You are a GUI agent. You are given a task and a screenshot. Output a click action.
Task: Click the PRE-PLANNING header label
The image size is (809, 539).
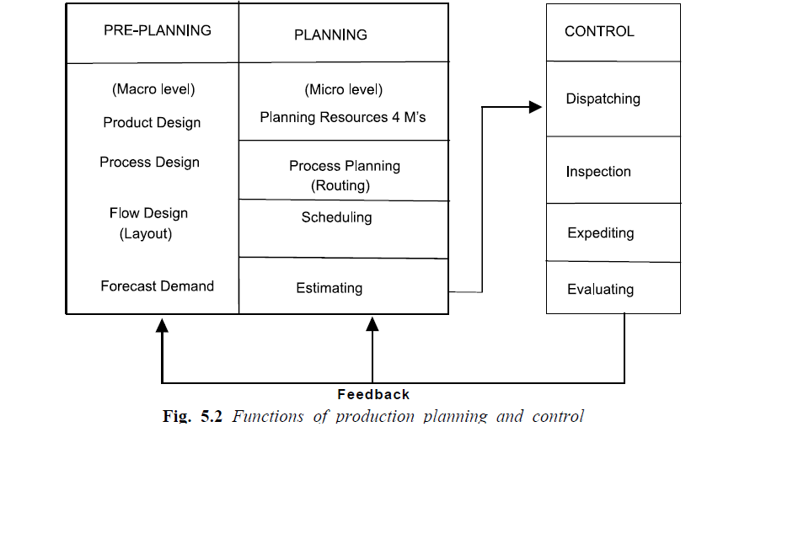coord(158,30)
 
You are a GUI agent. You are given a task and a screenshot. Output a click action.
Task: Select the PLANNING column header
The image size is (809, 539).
coord(330,35)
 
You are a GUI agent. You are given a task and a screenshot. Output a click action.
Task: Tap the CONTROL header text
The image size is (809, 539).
coord(599,32)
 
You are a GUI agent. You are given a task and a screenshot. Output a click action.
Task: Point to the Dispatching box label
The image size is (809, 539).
coord(603,99)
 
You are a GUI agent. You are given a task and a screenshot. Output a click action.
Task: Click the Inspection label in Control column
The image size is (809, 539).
coord(598,172)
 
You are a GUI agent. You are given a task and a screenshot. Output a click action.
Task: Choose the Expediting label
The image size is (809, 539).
coord(601,233)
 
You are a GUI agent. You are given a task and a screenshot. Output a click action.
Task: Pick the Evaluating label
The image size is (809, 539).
coord(600,290)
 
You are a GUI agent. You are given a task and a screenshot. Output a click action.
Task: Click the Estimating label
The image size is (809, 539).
coord(329,288)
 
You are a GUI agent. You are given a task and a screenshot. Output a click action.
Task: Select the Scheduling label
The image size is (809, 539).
coord(336,217)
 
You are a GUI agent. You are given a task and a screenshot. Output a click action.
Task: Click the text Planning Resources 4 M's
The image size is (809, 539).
coord(343,118)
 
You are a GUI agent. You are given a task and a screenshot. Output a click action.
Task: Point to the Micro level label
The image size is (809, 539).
coord(343,90)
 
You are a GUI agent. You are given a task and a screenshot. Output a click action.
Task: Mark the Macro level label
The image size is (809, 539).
coord(153,89)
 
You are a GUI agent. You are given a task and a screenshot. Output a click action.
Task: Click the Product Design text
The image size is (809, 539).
coord(152,123)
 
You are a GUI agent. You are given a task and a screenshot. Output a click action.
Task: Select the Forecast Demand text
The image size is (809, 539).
coord(158,286)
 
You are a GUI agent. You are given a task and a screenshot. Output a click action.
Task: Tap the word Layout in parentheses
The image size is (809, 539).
coord(146,234)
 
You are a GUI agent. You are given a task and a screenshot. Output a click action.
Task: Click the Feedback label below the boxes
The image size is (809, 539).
coord(373,394)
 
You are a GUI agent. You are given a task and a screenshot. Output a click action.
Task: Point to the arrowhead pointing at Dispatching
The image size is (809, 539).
coord(534,107)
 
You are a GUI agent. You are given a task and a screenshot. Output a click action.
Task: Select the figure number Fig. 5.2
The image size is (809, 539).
coord(192,416)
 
